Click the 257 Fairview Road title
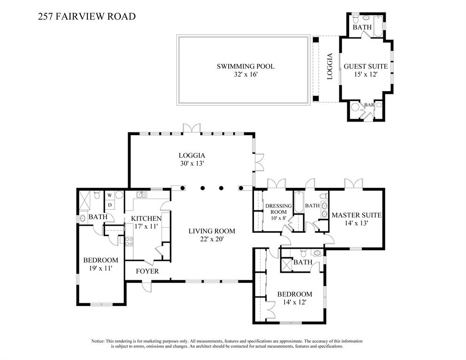pyautogui.click(x=86, y=17)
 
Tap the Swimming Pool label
pyautogui.click(x=245, y=66)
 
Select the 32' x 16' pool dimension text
pyautogui.click(x=245, y=75)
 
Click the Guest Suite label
pyautogui.click(x=366, y=66)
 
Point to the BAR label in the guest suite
pyautogui.click(x=369, y=105)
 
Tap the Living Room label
pyautogui.click(x=212, y=231)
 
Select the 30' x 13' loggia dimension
pyautogui.click(x=192, y=164)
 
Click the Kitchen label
pyautogui.click(x=146, y=219)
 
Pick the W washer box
pyautogui.click(x=109, y=195)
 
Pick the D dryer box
pyautogui.click(x=109, y=205)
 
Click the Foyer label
pyautogui.click(x=147, y=271)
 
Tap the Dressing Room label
pyautogui.click(x=278, y=209)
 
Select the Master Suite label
pyautogui.click(x=356, y=215)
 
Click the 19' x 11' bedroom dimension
pyautogui.click(x=100, y=268)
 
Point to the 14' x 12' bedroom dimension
pyautogui.click(x=294, y=303)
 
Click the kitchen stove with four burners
pyautogui.click(x=129, y=242)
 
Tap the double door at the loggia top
pyautogui.click(x=191, y=128)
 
